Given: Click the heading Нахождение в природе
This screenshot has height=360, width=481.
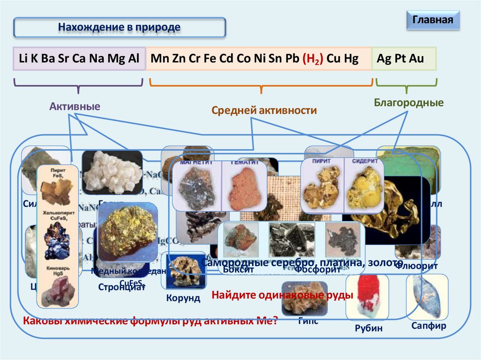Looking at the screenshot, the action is tap(119, 27).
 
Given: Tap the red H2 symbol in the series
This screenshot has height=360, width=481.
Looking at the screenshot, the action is tap(312, 59).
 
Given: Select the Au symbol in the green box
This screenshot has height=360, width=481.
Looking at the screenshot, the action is tap(416, 59).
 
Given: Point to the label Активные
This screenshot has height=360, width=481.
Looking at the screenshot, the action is tap(75, 107).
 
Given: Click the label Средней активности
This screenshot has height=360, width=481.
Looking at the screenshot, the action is tap(264, 110).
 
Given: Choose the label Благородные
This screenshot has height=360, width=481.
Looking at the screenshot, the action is tap(409, 102).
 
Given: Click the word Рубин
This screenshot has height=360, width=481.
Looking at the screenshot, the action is tap(369, 329).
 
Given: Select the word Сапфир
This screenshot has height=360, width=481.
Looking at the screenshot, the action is tap(428, 325).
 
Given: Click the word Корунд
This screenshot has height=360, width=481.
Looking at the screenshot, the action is tap(183, 298).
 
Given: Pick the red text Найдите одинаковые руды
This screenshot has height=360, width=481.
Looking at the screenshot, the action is tap(282, 295).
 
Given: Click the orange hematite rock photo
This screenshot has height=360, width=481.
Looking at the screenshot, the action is tap(244, 187).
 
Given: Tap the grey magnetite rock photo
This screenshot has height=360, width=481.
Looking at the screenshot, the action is tap(194, 187).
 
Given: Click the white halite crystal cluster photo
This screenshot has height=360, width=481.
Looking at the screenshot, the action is tap(113, 172).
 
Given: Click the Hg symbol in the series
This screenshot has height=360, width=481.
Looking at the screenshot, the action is tap(351, 59).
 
